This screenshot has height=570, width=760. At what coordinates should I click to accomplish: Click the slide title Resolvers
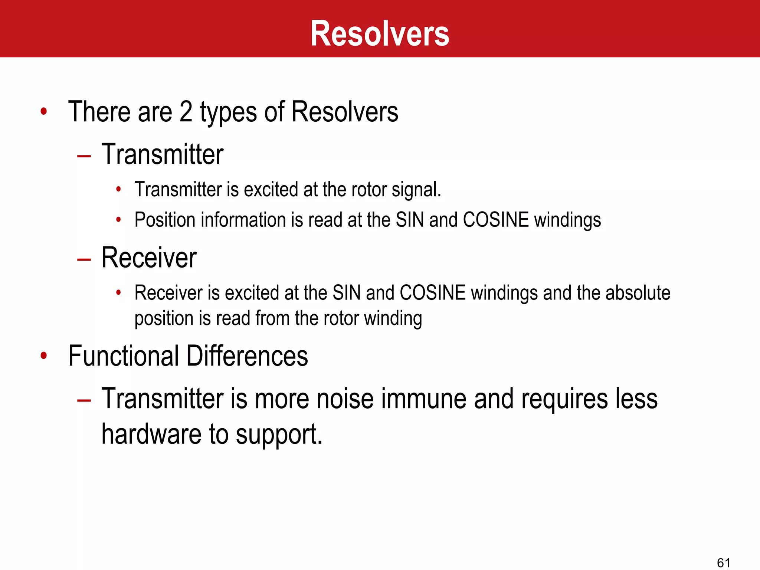pyautogui.click(x=380, y=34)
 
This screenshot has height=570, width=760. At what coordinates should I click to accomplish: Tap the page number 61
pyautogui.click(x=723, y=563)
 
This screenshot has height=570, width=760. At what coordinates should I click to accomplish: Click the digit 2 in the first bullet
pyautogui.click(x=186, y=112)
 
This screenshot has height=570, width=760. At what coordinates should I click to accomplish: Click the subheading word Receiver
pyautogui.click(x=149, y=258)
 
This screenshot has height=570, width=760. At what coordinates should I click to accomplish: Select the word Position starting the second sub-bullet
pyautogui.click(x=165, y=220)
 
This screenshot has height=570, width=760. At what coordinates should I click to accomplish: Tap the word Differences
pyautogui.click(x=247, y=356)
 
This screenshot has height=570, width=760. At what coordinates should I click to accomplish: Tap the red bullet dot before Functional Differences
pyautogui.click(x=44, y=356)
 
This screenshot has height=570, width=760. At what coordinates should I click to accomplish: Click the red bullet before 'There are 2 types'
pyautogui.click(x=44, y=111)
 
